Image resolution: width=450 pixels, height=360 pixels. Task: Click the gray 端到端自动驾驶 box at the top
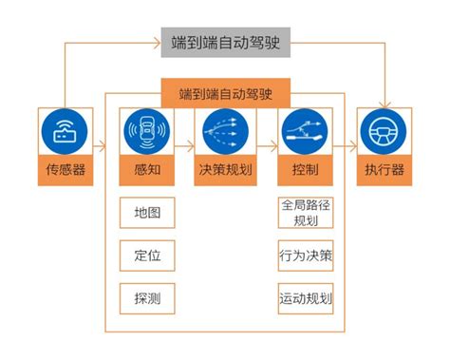point(225,42)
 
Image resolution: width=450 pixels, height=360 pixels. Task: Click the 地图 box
point(146,212)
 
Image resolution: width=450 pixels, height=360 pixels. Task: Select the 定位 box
point(146,255)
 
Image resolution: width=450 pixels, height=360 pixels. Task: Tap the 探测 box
point(146,297)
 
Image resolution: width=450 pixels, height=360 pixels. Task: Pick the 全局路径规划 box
point(306,212)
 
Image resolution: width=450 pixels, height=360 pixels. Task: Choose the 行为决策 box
point(306,255)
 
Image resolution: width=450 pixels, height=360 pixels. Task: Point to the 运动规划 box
point(306,297)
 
